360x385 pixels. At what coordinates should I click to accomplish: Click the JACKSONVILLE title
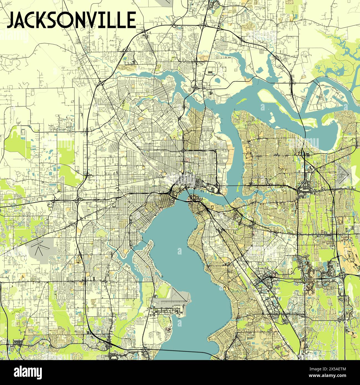[71, 20]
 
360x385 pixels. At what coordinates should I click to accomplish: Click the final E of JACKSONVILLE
[130, 20]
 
